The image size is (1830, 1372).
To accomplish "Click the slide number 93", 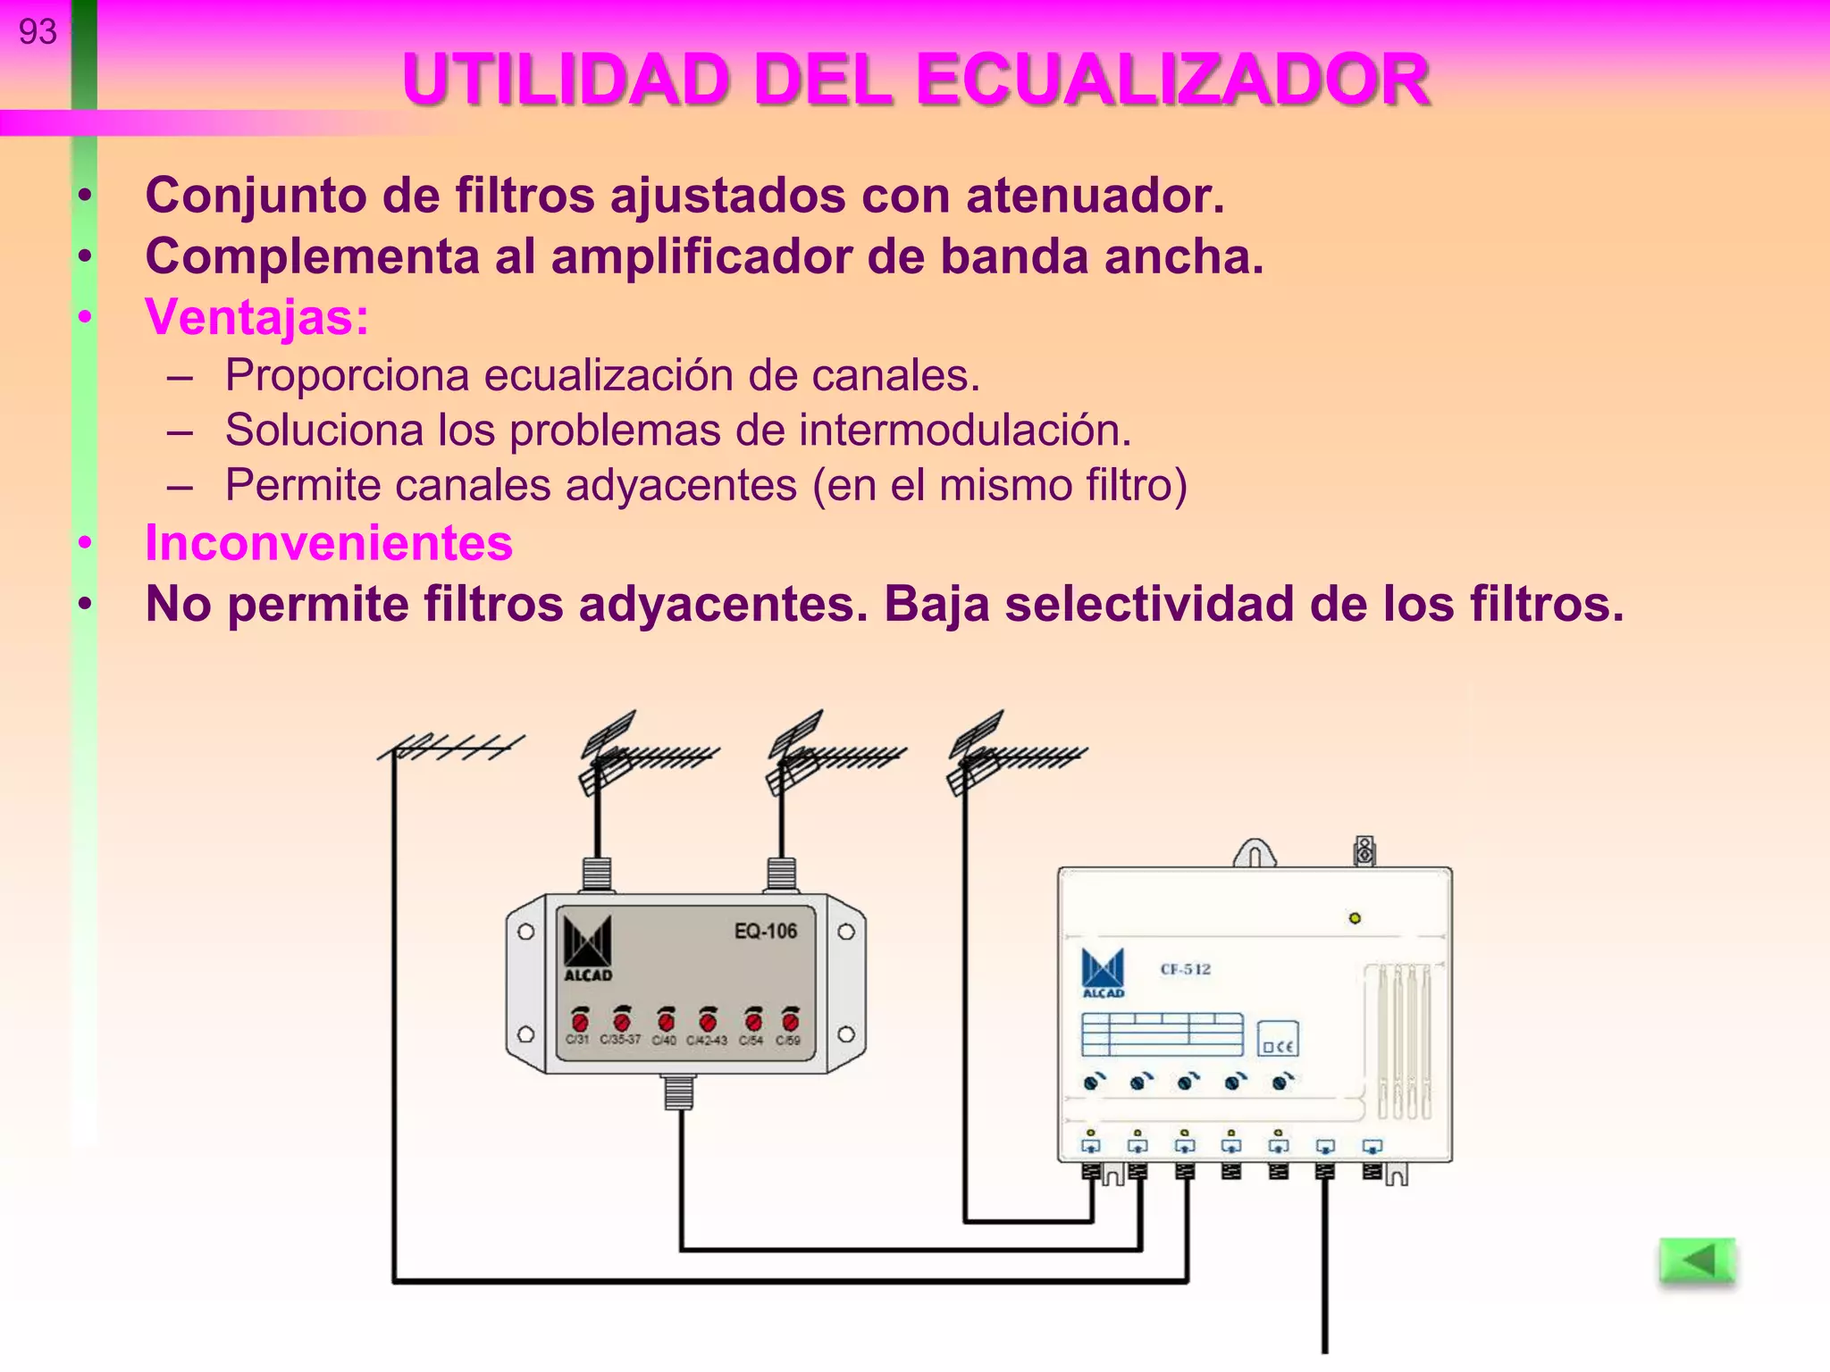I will (x=38, y=32).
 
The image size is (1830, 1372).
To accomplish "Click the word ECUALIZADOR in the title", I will (x=1172, y=80).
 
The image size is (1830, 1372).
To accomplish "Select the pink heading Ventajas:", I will (x=257, y=316).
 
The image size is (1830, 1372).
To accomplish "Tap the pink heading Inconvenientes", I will (x=329, y=543).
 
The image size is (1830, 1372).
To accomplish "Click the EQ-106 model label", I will (x=765, y=932).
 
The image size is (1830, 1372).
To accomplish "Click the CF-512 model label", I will (x=1185, y=969).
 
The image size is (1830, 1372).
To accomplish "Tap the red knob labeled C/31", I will (x=579, y=1020).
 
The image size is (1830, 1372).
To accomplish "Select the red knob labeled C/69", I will (x=790, y=1020).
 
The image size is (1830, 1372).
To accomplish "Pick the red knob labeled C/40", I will (x=666, y=1020).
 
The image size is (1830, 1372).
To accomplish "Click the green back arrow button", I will (x=1696, y=1261).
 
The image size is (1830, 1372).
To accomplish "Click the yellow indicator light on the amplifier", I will (x=1355, y=918).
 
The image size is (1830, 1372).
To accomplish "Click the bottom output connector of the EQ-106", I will (x=679, y=1091).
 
